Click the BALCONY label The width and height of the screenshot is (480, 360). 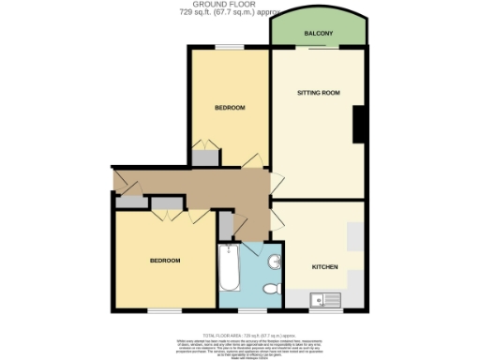[x=318, y=34]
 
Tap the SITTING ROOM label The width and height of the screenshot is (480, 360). [x=318, y=94]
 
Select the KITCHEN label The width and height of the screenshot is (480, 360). [x=324, y=267]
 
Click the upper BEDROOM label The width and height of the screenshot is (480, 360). [x=230, y=108]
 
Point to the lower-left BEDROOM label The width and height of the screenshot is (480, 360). [x=164, y=260]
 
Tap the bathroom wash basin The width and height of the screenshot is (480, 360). [x=276, y=261]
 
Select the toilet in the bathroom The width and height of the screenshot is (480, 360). [x=272, y=290]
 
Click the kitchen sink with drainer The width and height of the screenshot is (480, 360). [x=328, y=300]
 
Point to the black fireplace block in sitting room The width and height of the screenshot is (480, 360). [x=359, y=125]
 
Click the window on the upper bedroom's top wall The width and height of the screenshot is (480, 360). [x=226, y=47]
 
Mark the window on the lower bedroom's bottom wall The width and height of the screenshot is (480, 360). [x=163, y=310]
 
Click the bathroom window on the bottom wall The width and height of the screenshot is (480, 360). [x=248, y=309]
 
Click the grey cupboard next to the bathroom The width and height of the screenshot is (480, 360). [x=225, y=224]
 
